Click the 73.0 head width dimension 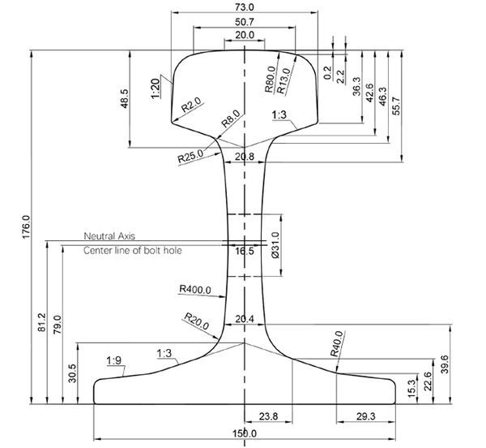click(x=244, y=6)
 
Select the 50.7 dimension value click(x=244, y=21)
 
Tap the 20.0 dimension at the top click(x=244, y=35)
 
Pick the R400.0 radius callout click(x=194, y=288)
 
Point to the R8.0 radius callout click(x=231, y=119)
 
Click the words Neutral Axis click(x=109, y=235)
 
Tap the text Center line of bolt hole click(x=133, y=251)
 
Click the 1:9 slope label click(x=114, y=360)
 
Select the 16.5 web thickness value click(x=245, y=252)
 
